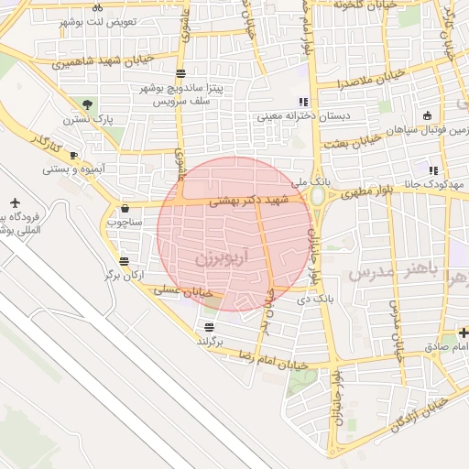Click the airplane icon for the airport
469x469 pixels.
click(x=15, y=202)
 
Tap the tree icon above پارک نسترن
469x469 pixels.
click(x=88, y=104)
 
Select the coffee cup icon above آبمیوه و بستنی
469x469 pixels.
click(x=73, y=156)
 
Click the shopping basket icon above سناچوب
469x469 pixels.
click(x=125, y=208)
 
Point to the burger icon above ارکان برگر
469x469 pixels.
click(x=124, y=261)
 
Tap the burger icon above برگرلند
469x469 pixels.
click(x=210, y=327)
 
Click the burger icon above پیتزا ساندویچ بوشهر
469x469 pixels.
click(x=181, y=73)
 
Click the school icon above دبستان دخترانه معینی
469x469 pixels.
click(x=303, y=102)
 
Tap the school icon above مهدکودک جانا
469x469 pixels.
click(x=433, y=170)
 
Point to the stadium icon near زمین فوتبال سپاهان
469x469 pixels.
click(x=428, y=115)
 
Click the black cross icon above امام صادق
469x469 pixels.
click(x=464, y=333)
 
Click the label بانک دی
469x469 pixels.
click(x=316, y=299)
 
